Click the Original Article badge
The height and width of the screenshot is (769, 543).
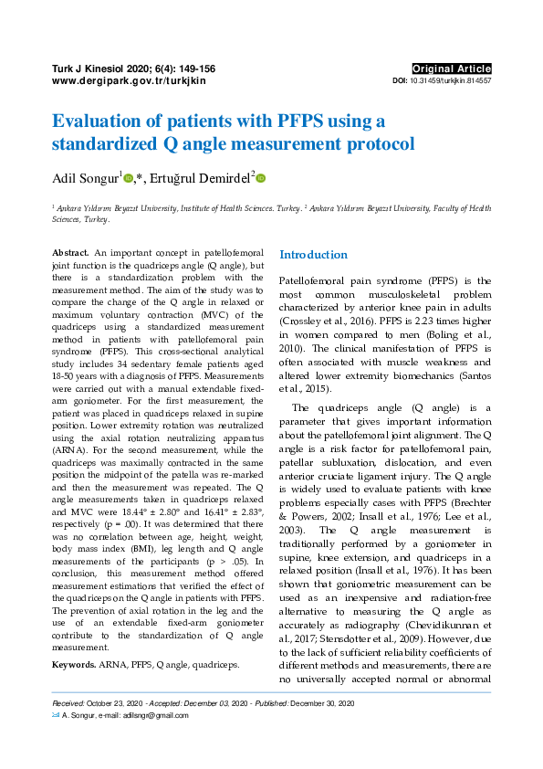click(452, 68)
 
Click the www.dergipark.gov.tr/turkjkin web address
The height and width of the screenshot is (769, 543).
click(130, 81)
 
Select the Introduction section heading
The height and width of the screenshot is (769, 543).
click(313, 255)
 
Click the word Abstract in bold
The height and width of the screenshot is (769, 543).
click(70, 251)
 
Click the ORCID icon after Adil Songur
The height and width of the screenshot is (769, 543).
click(129, 179)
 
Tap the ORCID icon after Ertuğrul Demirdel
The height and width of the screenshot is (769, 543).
click(260, 179)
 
